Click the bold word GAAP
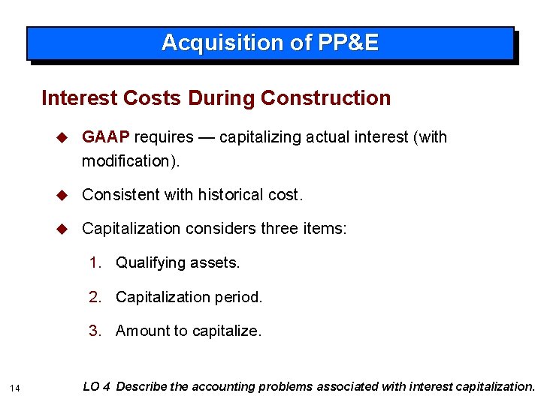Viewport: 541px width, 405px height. pos(106,137)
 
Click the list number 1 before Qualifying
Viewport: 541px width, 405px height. pos(95,262)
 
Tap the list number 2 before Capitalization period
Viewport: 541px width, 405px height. pos(95,297)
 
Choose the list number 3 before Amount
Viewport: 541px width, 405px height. pos(95,331)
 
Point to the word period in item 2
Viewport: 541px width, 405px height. pos(240,297)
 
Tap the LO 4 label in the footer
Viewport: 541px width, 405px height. pos(97,387)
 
